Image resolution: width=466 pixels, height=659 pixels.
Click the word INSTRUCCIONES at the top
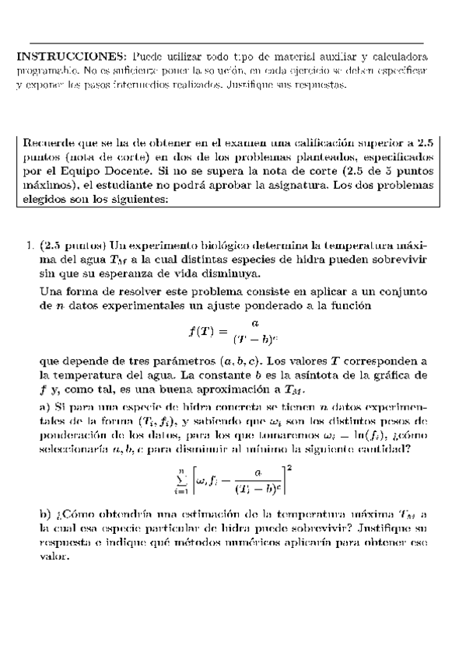68,58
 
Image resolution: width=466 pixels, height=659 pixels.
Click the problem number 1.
27,246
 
